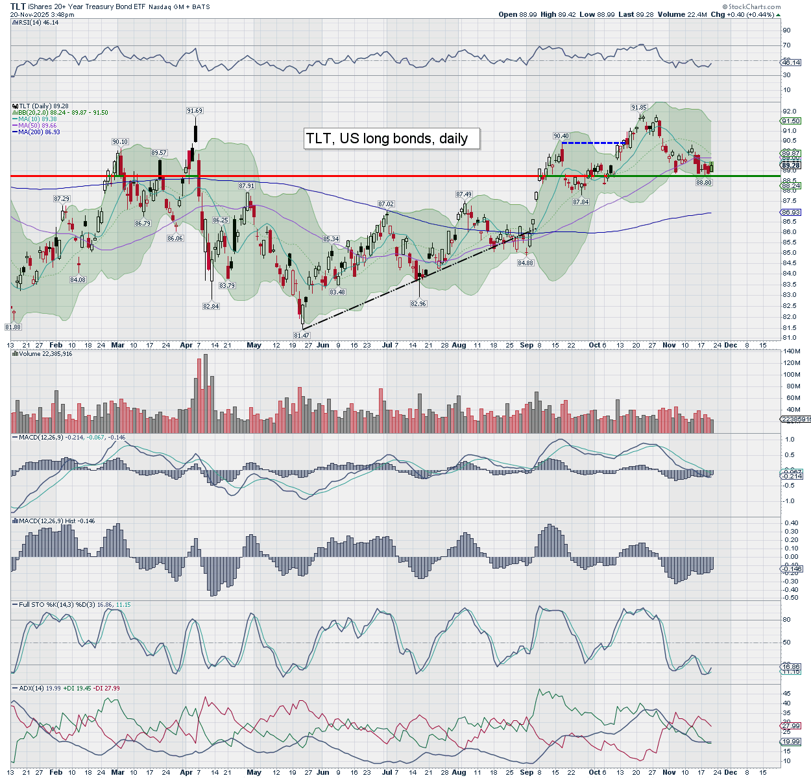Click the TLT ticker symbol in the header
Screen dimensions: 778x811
18,6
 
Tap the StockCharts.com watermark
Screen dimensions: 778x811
754,6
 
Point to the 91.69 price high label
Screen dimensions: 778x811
195,111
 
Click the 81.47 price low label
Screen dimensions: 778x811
302,335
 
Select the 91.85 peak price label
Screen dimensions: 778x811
639,107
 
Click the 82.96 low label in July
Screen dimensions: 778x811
418,303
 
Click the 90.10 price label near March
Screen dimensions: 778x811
120,141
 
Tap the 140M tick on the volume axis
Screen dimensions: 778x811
792,351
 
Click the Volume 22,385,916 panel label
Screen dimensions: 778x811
45,354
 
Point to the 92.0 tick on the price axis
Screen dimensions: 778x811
790,112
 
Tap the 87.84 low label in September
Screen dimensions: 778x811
581,202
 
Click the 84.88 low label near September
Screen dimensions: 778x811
526,263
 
